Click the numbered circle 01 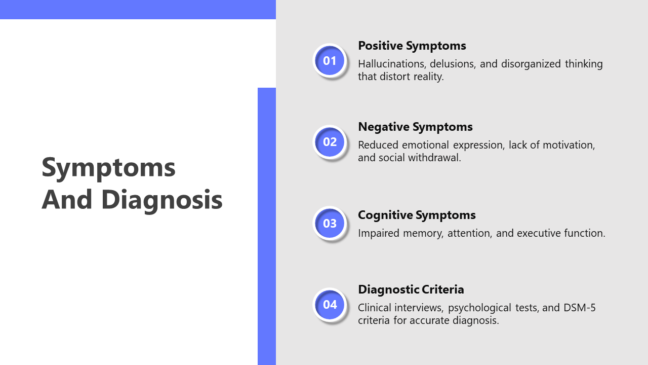330,61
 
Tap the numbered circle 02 330,142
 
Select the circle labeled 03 330,224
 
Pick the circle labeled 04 330,305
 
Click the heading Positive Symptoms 412,46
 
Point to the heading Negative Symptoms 415,127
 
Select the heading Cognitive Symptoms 417,215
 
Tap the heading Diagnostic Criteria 411,289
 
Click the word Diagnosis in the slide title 162,200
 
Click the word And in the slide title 67,199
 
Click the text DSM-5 580,308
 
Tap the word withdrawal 434,158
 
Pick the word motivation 569,145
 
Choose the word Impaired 379,234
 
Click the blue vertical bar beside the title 267,226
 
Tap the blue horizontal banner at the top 138,10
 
